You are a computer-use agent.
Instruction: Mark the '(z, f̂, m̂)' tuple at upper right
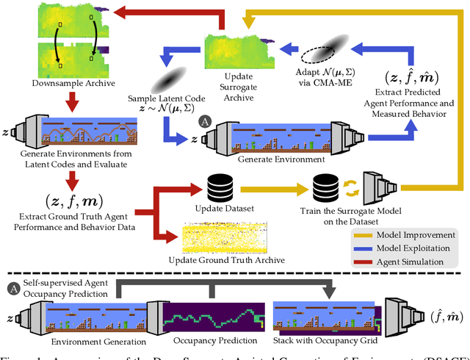tap(420, 77)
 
